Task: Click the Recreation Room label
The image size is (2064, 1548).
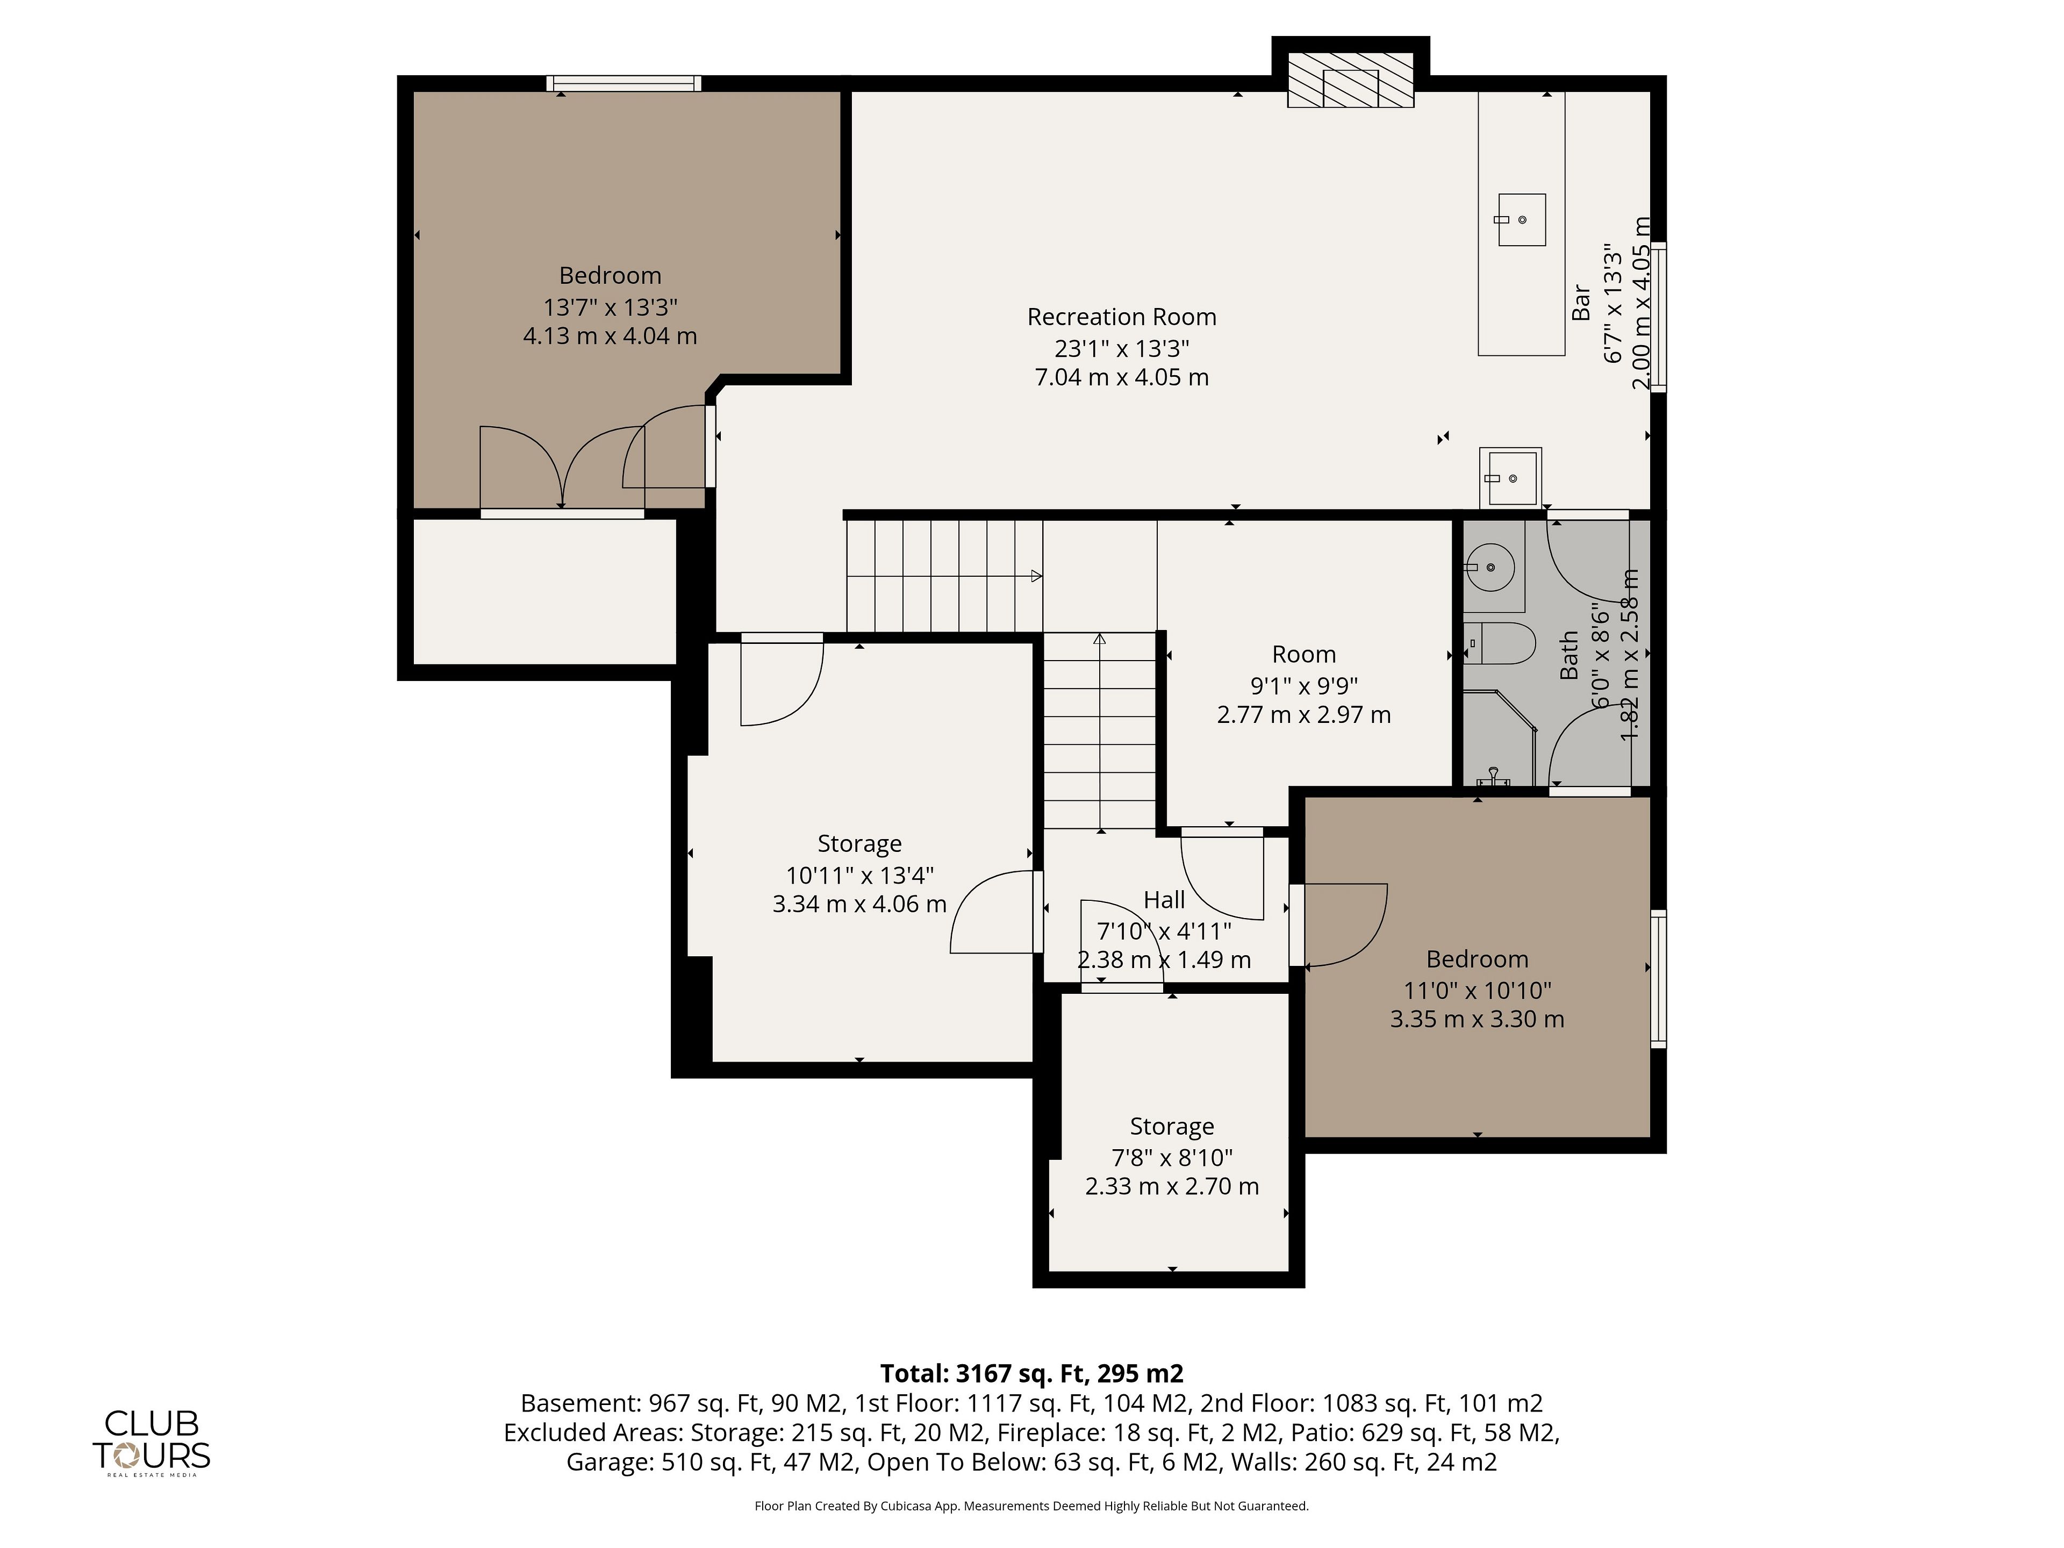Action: tap(1122, 317)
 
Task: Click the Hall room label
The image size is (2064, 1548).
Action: tap(1165, 900)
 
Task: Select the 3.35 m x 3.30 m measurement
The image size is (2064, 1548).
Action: tap(1477, 1019)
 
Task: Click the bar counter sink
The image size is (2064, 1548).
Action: tap(1522, 220)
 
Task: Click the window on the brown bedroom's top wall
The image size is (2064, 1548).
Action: tap(623, 84)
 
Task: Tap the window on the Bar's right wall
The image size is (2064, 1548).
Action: tap(1658, 317)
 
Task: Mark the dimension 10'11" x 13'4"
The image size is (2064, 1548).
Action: tap(859, 875)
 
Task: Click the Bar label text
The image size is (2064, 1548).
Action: tap(1581, 303)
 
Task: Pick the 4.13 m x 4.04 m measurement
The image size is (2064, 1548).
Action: tap(610, 336)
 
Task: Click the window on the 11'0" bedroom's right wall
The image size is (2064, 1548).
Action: tap(1658, 979)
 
